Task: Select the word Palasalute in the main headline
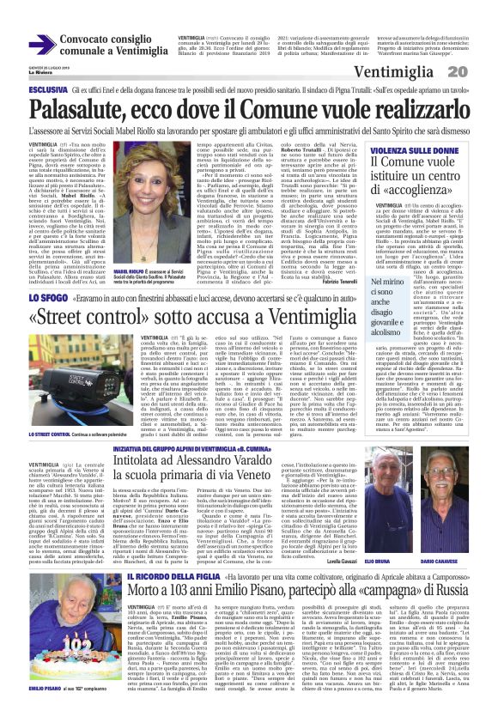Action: click(x=85, y=107)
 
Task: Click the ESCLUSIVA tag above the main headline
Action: click(x=48, y=88)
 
